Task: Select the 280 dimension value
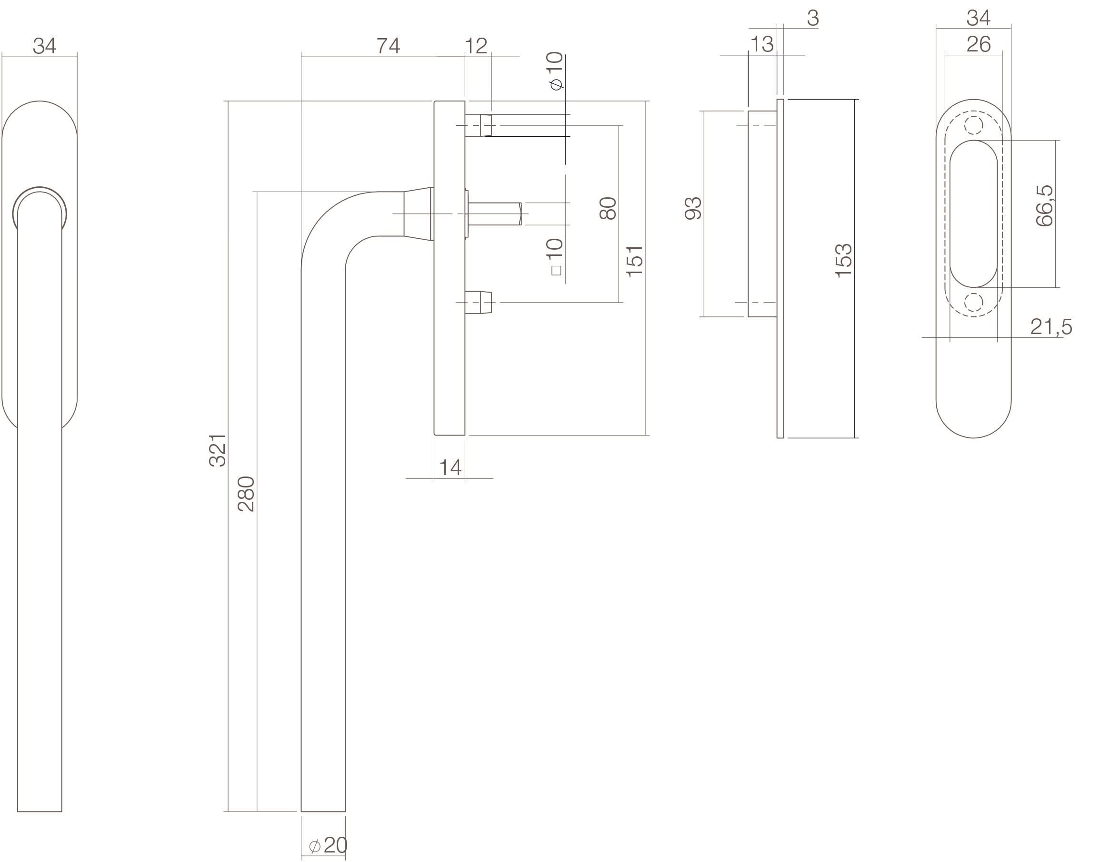point(247,494)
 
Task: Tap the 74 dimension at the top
point(389,46)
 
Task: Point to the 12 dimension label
point(476,46)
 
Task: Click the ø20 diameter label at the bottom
point(329,845)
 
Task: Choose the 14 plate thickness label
point(450,468)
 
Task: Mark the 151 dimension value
point(635,261)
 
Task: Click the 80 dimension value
point(608,208)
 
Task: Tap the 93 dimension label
point(693,208)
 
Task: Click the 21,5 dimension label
point(1051,327)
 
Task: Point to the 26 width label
point(979,44)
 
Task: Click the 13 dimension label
point(761,44)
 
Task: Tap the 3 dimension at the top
point(812,18)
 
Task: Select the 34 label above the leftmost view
point(44,46)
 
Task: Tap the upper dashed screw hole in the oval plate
point(973,125)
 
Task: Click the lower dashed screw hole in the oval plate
point(973,302)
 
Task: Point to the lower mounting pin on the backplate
point(479,302)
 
